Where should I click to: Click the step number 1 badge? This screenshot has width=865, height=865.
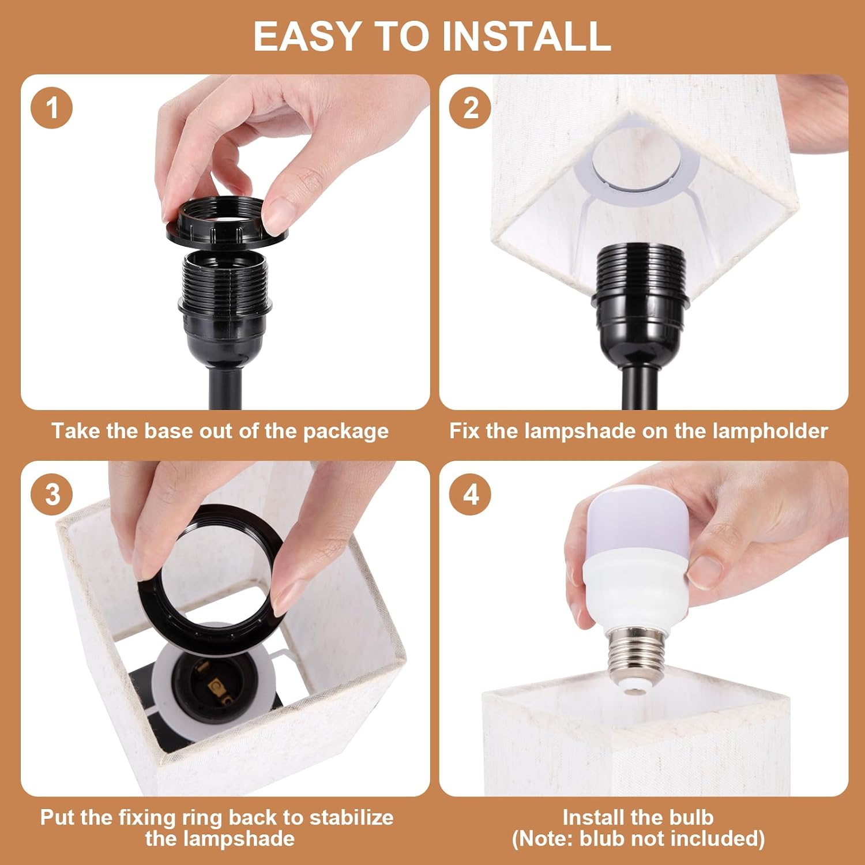(52, 108)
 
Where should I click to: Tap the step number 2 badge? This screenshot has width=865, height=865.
(471, 108)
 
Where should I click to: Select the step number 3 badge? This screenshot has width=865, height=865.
(52, 494)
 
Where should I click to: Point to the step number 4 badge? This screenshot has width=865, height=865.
(471, 494)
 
